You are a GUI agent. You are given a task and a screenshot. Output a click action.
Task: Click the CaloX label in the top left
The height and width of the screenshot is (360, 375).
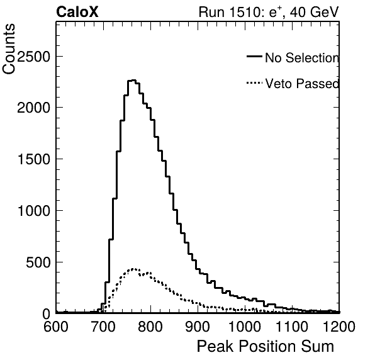pyautogui.click(x=77, y=12)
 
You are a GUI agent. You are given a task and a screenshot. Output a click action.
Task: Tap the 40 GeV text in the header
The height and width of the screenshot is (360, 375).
pyautogui.click(x=314, y=12)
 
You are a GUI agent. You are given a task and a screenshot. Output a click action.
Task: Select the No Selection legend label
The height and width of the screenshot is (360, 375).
pyautogui.click(x=302, y=58)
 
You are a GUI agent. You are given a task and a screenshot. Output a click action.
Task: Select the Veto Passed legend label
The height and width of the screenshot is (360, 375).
pyautogui.click(x=302, y=84)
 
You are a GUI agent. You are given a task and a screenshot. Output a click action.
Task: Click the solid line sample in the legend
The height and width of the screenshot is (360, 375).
pyautogui.click(x=254, y=57)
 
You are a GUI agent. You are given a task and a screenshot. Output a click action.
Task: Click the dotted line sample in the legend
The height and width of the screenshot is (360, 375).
pyautogui.click(x=254, y=83)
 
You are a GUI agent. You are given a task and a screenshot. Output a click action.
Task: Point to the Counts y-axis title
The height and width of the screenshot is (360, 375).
pyautogui.click(x=9, y=49)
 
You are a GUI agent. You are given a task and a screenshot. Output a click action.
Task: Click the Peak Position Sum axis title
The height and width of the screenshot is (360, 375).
pyautogui.click(x=266, y=346)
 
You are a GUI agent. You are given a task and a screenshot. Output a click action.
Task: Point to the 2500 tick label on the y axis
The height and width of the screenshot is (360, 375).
pyautogui.click(x=33, y=57)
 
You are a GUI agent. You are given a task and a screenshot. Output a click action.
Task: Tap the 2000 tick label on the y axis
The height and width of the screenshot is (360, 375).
pyautogui.click(x=33, y=108)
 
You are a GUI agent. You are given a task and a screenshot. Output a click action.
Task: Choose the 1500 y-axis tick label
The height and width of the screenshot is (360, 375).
pyautogui.click(x=34, y=159)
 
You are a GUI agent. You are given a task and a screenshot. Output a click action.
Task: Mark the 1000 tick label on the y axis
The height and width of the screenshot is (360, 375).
pyautogui.click(x=34, y=211)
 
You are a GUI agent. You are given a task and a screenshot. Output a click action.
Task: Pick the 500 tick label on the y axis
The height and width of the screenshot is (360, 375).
pyautogui.click(x=38, y=262)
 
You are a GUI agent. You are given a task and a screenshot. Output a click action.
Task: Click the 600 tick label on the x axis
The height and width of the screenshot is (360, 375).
pyautogui.click(x=56, y=326)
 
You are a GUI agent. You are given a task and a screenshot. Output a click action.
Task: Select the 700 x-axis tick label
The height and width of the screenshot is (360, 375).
pyautogui.click(x=103, y=326)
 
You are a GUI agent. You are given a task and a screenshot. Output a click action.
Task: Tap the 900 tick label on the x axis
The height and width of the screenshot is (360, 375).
pyautogui.click(x=198, y=326)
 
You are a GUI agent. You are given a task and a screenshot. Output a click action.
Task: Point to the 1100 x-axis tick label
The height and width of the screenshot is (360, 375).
pyautogui.click(x=292, y=326)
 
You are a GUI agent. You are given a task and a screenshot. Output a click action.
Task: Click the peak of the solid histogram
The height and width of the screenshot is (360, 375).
pyautogui.click(x=133, y=81)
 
